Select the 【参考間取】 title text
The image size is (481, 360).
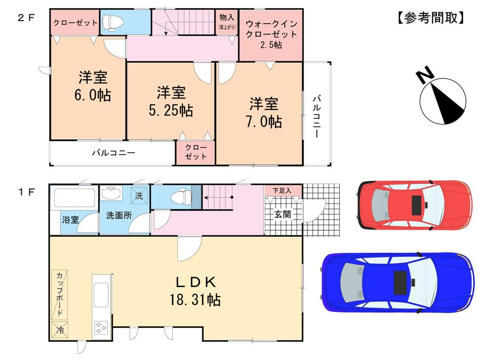[x=431, y=18]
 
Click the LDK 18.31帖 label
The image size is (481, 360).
[x=194, y=291]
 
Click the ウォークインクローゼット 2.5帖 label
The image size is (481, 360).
[x=270, y=34]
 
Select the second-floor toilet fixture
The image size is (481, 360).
[x=110, y=22]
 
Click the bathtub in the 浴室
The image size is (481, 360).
[x=74, y=198]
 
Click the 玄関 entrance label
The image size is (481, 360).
[x=282, y=214]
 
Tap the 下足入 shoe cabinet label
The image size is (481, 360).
[x=282, y=190]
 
